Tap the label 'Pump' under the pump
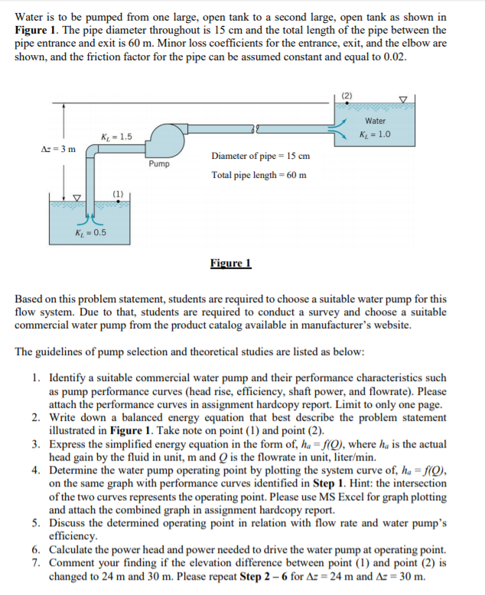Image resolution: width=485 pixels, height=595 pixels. click(x=159, y=163)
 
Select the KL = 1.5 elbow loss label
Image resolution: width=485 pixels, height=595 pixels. click(x=116, y=136)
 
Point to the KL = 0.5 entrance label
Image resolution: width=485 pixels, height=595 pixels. click(x=91, y=232)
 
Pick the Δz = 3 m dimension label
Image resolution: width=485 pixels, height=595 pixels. click(x=57, y=147)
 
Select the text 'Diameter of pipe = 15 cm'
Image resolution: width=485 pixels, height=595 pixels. click(x=260, y=157)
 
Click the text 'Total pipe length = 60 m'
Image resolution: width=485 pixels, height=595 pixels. click(x=259, y=175)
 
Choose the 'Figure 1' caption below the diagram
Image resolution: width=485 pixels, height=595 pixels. click(x=230, y=264)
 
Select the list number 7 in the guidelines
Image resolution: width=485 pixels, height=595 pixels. click(x=37, y=565)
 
